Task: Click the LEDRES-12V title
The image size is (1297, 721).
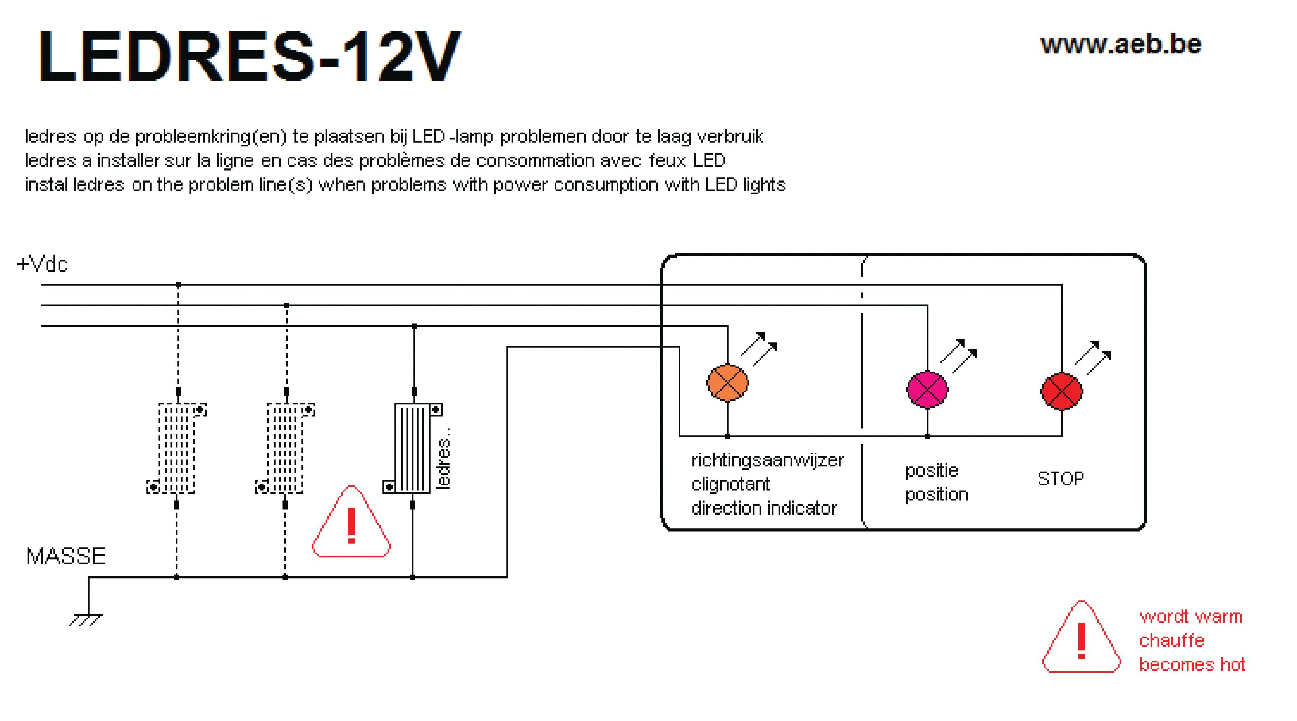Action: click(x=250, y=56)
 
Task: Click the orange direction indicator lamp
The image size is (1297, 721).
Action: click(x=727, y=382)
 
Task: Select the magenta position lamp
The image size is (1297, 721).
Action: click(x=927, y=389)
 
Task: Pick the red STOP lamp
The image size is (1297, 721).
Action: click(x=1061, y=391)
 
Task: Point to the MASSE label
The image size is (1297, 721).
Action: click(x=66, y=556)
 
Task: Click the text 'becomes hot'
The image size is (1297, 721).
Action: click(x=1192, y=665)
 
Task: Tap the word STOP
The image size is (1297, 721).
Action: click(x=1060, y=479)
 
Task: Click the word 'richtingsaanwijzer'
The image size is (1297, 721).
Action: click(x=767, y=460)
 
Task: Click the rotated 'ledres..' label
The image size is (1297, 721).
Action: click(x=443, y=458)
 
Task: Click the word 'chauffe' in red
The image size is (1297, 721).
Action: click(x=1172, y=640)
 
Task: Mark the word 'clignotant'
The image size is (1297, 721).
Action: click(x=731, y=484)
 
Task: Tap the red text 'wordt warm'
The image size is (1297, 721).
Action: click(x=1191, y=617)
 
